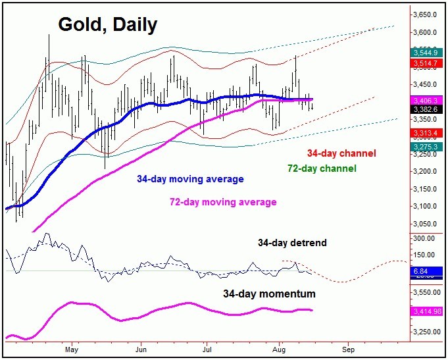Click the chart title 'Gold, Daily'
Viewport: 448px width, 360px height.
[x=108, y=25]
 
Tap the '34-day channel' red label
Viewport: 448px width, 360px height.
[x=341, y=153]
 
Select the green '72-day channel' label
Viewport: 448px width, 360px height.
[x=322, y=168]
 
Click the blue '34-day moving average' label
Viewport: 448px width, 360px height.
[x=190, y=179]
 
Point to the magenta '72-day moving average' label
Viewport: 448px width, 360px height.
[x=222, y=202]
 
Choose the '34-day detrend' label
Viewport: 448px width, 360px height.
[x=291, y=243]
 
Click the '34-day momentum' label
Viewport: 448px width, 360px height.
[x=268, y=294]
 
